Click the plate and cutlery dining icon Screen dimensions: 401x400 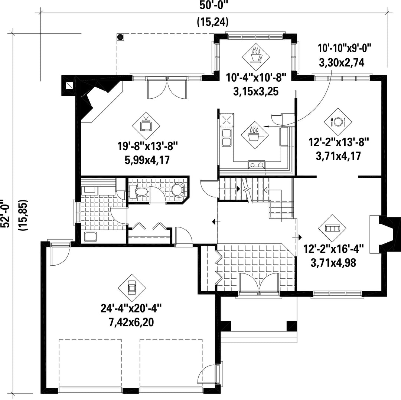tap(338, 122)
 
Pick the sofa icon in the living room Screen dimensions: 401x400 tap(332, 228)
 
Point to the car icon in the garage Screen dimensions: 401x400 tap(132, 288)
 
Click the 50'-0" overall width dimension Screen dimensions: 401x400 tap(213, 6)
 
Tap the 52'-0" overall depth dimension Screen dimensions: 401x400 tap(5, 213)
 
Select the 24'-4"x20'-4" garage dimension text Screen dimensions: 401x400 tap(131, 308)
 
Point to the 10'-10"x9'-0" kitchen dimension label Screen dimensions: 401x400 tap(345, 48)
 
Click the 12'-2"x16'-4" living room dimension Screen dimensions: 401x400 tap(333, 249)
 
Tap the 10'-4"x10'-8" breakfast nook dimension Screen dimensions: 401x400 tap(256, 77)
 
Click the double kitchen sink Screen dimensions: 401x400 tap(226, 138)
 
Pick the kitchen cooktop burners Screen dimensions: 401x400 tap(257, 165)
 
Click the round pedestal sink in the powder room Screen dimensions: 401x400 tap(178, 189)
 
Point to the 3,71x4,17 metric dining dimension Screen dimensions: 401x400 tap(338, 156)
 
